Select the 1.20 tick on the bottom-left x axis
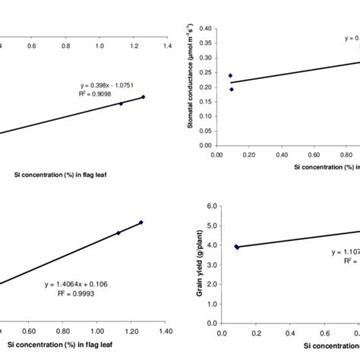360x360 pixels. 131,332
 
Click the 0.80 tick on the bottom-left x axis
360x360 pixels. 63,332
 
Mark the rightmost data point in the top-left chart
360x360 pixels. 143,96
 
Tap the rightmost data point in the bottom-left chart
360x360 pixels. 141,223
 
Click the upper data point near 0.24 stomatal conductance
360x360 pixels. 230,75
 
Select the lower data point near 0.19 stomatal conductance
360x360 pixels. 232,89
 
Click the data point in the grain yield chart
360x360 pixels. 236,246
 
